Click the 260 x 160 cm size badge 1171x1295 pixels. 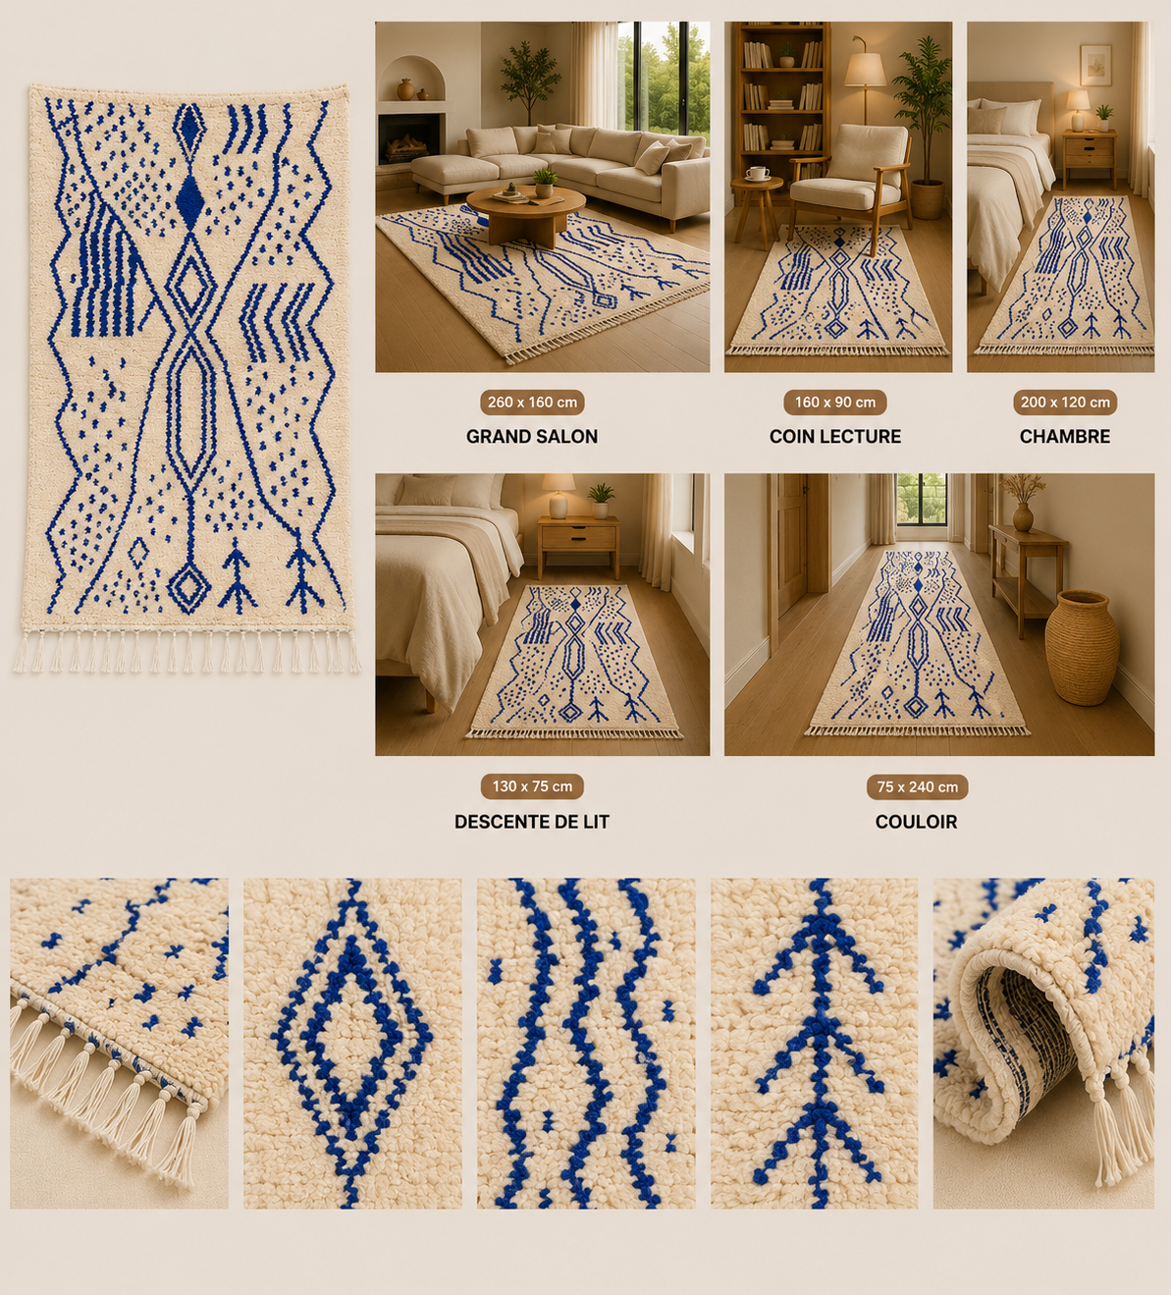click(x=532, y=403)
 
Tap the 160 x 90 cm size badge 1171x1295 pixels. click(x=834, y=403)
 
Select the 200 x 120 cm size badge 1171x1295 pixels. click(x=1064, y=403)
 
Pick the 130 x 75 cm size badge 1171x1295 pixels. click(x=532, y=786)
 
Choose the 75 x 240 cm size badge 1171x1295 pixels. click(x=917, y=787)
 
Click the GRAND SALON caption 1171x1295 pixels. click(x=532, y=436)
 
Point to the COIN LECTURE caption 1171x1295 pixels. click(x=834, y=436)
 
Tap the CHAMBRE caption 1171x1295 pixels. click(x=1064, y=436)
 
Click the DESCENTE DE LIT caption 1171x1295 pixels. click(x=532, y=822)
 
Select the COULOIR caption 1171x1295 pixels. click(x=916, y=822)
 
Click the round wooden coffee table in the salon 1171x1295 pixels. click(x=525, y=212)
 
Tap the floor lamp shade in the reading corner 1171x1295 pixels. click(x=865, y=69)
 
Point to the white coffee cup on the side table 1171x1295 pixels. click(x=757, y=173)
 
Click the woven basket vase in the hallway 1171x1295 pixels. click(x=1082, y=647)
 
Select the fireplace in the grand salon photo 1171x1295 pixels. click(x=411, y=138)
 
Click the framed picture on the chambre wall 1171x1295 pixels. click(x=1095, y=65)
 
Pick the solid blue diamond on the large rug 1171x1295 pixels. click(x=189, y=200)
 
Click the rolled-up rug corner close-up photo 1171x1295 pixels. click(x=1043, y=1044)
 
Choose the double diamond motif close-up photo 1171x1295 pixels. click(x=352, y=1044)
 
